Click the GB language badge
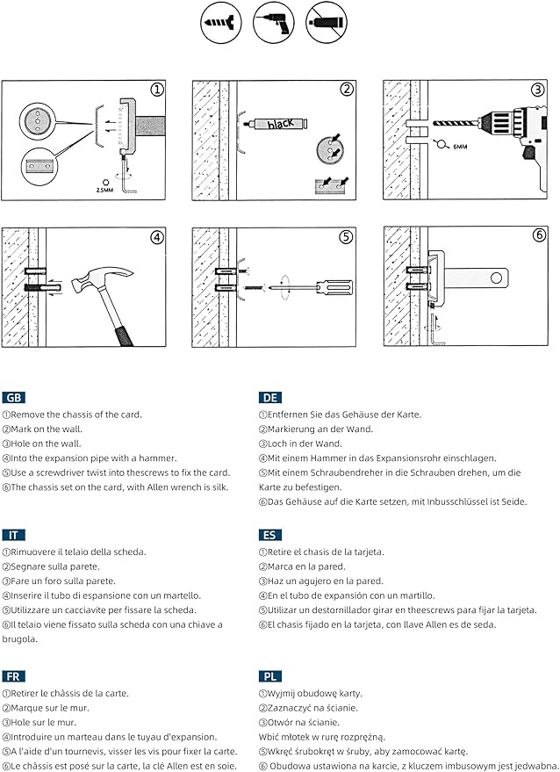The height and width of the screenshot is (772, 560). click(14, 398)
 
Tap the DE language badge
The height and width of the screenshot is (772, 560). click(271, 398)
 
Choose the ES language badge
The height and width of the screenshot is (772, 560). click(270, 535)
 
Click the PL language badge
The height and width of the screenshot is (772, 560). click(270, 676)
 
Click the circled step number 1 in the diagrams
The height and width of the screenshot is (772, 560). click(157, 90)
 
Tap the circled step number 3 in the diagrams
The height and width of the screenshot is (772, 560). click(537, 90)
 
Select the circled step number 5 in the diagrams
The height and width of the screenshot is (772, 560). click(347, 236)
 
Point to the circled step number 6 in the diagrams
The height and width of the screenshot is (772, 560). click(537, 236)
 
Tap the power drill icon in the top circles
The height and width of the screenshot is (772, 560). click(270, 20)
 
